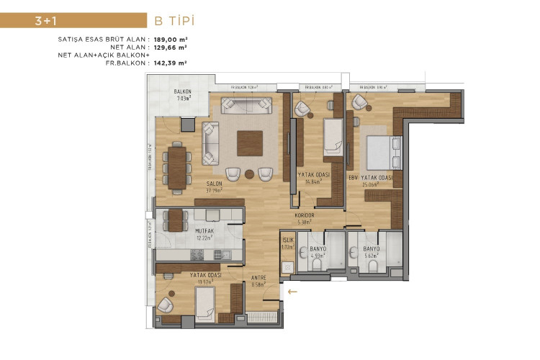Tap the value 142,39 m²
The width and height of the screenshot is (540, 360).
(171, 63)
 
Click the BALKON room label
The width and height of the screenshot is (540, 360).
(182, 92)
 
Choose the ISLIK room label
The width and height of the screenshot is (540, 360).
(287, 239)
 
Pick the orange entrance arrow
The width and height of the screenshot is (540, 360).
(292, 292)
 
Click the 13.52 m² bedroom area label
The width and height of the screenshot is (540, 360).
(205, 282)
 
